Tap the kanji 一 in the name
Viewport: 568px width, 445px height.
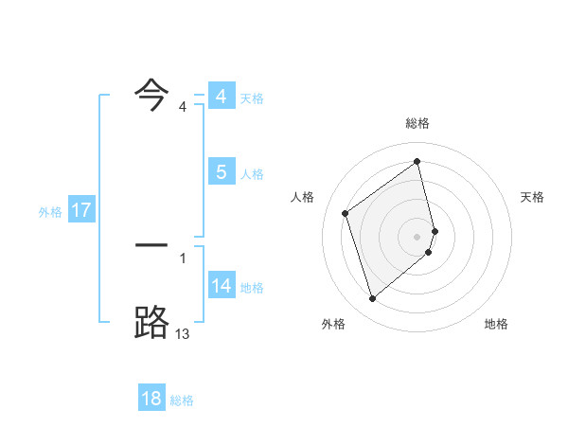[x=151, y=246]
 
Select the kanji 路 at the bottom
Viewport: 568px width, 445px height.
[x=152, y=322]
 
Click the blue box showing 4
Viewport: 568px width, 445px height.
[x=221, y=98]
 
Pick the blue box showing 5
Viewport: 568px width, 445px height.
[x=221, y=172]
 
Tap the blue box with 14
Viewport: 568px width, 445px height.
[x=221, y=286]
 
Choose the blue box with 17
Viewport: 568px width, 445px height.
[x=81, y=210]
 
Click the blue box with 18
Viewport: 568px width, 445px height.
[x=151, y=399]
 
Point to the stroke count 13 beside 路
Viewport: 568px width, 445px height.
[x=182, y=333]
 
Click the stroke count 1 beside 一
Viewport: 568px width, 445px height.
[x=183, y=258]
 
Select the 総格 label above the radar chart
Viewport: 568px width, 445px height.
[x=417, y=123]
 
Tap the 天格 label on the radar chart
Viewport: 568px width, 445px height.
[x=533, y=197]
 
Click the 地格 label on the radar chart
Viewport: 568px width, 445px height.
[x=496, y=324]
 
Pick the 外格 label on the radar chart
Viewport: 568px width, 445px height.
[x=333, y=324]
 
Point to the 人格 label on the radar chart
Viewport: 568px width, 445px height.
[x=303, y=197]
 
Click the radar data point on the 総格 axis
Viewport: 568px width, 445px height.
[x=417, y=162]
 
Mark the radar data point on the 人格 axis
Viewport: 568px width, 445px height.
[x=346, y=213]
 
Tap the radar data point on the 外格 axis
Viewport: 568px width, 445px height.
[x=372, y=299]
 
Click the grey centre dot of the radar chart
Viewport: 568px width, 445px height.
[x=417, y=236]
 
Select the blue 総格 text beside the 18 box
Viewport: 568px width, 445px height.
[x=182, y=400]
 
